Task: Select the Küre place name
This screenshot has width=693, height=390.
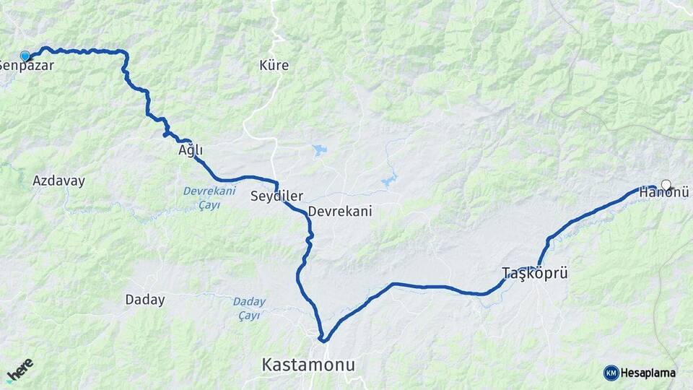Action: click(274, 65)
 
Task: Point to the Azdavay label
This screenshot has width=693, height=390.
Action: click(58, 181)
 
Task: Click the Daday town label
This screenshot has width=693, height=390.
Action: click(145, 299)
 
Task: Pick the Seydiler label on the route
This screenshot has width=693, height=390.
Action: click(276, 196)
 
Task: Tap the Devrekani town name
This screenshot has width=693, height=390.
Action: click(339, 212)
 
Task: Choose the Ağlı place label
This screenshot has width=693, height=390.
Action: click(191, 150)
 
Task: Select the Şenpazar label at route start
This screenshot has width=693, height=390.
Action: click(26, 65)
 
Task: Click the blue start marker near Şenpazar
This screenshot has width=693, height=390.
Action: click(25, 56)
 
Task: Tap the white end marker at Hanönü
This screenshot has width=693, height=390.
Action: click(666, 184)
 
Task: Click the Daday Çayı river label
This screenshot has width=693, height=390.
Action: click(250, 308)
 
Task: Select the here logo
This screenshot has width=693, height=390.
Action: click(20, 370)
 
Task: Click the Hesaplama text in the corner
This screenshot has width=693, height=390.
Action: click(648, 373)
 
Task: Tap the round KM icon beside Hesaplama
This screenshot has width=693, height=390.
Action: click(611, 373)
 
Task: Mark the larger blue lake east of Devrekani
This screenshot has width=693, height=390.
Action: click(390, 180)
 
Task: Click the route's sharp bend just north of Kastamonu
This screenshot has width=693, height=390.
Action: click(324, 339)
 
